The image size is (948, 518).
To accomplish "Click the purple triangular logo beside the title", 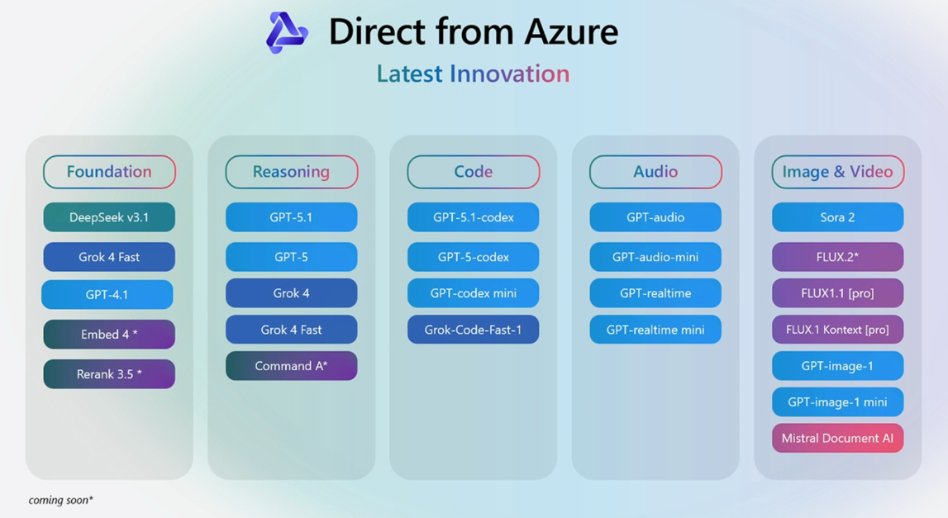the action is (x=287, y=32).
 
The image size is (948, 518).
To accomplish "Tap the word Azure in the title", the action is (x=571, y=31).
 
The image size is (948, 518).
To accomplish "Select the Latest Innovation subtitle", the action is (x=473, y=74).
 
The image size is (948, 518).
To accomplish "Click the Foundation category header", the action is (x=109, y=172).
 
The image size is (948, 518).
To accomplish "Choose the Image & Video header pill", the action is (x=837, y=172).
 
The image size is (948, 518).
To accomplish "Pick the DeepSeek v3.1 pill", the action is (x=109, y=217).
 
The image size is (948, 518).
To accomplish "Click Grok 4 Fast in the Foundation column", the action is (x=109, y=257).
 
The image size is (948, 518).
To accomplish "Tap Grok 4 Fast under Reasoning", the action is (x=292, y=330).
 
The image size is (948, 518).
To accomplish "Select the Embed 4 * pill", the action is (x=109, y=335).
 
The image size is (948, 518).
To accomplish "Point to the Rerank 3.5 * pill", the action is (x=109, y=374).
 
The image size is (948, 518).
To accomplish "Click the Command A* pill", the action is (x=292, y=366).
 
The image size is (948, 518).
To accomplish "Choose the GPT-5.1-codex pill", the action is (x=474, y=217).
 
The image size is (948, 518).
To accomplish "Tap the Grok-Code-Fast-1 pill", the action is (x=474, y=330).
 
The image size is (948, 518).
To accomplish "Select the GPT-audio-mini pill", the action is (x=655, y=257).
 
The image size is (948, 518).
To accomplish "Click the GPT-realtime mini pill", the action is (x=655, y=330).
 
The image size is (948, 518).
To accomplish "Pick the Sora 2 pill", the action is (x=838, y=217).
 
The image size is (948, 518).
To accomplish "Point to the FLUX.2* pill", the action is (x=838, y=257).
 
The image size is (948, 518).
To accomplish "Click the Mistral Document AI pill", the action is (x=838, y=438).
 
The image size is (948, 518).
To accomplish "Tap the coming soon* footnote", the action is (x=60, y=500).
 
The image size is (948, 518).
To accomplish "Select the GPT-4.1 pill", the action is (x=107, y=294).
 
